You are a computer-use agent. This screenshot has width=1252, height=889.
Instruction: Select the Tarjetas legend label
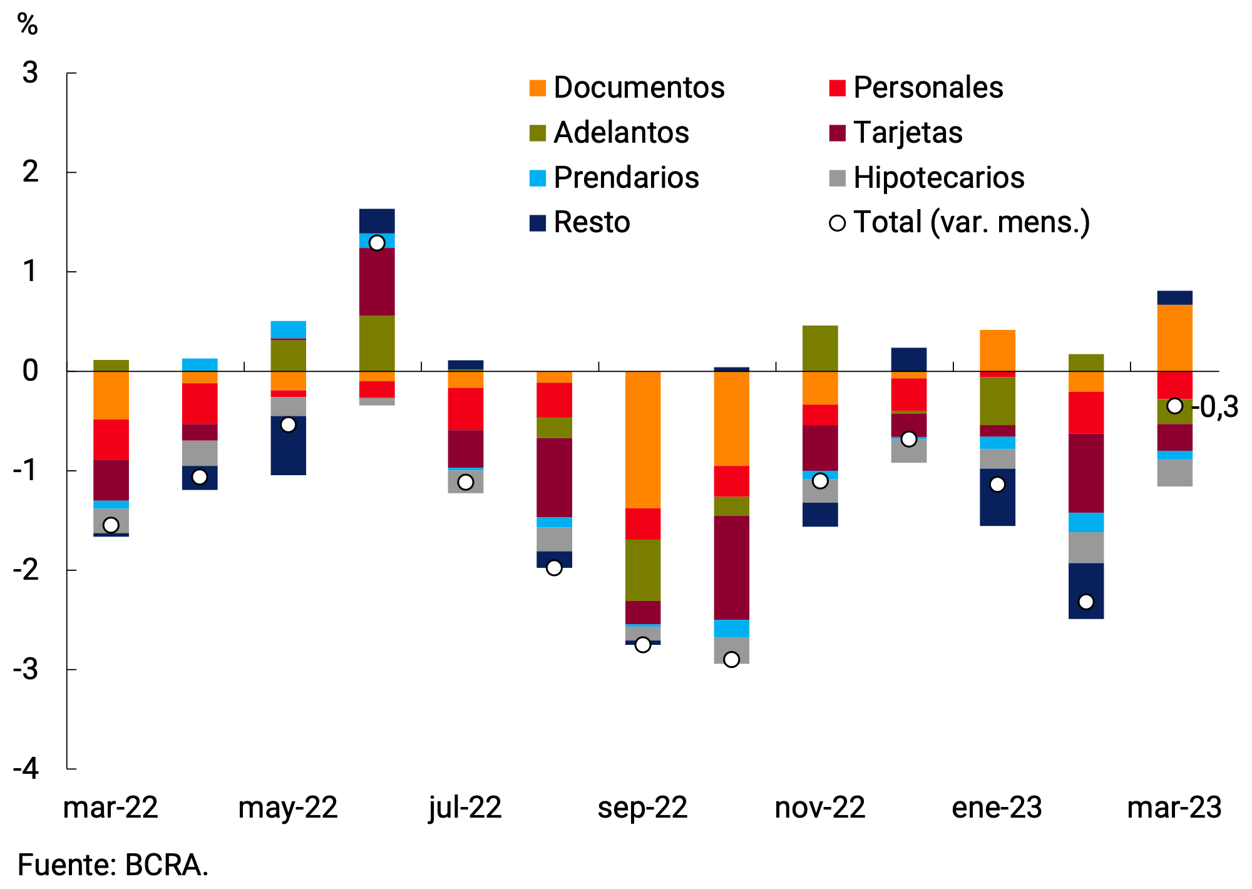tap(907, 133)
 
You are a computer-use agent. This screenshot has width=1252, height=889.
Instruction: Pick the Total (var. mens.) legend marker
tap(837, 223)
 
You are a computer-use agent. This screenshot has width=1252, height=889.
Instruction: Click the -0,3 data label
tap(1214, 408)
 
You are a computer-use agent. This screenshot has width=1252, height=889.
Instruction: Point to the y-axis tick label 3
tap(30, 73)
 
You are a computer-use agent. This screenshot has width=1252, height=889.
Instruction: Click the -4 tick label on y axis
tap(26, 769)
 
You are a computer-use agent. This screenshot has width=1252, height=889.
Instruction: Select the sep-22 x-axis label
tap(642, 808)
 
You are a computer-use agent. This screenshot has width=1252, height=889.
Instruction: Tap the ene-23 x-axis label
tap(997, 808)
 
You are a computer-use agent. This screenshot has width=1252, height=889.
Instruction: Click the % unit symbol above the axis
tap(28, 25)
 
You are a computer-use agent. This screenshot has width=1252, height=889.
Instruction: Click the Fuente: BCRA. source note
tap(113, 866)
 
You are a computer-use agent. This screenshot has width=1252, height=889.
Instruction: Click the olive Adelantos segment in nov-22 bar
tap(820, 348)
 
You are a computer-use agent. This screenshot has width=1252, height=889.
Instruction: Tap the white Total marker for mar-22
tap(111, 525)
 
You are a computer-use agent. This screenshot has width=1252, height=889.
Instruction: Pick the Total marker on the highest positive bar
tap(377, 243)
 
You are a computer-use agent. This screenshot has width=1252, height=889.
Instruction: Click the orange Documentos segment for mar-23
tap(1174, 338)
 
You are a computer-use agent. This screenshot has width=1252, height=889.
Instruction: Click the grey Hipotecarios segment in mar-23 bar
tap(1174, 473)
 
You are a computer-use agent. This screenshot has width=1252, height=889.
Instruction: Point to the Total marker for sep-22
tap(643, 645)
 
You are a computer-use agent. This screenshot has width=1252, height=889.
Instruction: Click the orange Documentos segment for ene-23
tap(997, 351)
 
